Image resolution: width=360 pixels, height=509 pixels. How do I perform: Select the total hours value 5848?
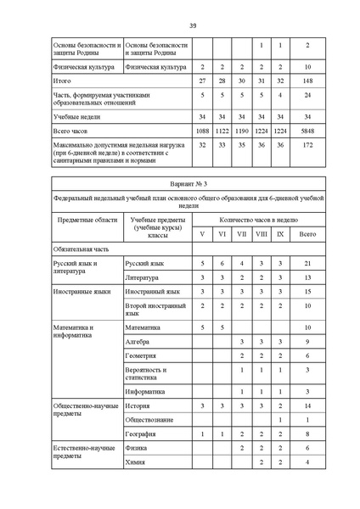click(307, 131)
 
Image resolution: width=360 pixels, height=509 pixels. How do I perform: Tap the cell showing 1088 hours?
click(202, 131)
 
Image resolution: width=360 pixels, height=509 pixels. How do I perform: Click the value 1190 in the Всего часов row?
click(241, 131)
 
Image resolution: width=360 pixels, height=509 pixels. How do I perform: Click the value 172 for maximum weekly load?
click(307, 145)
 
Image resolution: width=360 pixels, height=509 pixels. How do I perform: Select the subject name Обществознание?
click(149, 419)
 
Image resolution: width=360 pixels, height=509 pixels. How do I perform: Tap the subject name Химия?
click(134, 462)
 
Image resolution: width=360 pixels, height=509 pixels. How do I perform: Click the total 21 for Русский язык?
click(307, 264)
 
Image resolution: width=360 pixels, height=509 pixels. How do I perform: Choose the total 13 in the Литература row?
click(307, 277)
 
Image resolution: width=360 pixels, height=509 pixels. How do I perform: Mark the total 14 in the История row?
click(307, 406)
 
